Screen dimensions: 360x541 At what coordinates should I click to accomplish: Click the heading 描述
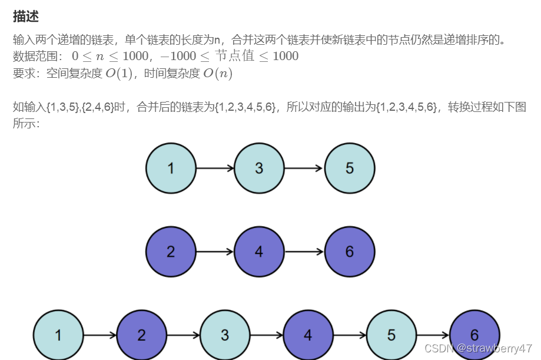[26, 16]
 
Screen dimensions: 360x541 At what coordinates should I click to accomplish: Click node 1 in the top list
[171, 169]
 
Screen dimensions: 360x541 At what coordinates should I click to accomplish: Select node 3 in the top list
[259, 169]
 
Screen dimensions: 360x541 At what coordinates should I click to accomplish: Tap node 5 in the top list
[349, 169]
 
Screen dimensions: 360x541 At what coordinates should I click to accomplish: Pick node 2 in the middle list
[171, 252]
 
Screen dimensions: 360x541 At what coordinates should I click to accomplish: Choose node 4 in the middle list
[259, 252]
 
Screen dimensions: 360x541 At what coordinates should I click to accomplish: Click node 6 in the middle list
[349, 252]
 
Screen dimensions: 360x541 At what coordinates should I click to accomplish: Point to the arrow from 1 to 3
[215, 169]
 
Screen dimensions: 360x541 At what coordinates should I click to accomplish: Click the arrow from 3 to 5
[304, 169]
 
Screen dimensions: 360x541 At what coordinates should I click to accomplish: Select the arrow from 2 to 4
[215, 252]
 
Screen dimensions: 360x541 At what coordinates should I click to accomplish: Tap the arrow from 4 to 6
[304, 252]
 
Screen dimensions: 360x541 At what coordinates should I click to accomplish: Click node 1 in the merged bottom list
[58, 336]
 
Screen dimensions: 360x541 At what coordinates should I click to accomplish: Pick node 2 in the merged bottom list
[141, 336]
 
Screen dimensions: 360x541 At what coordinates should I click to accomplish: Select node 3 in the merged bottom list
[225, 336]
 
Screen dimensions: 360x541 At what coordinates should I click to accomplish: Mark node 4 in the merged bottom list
[308, 336]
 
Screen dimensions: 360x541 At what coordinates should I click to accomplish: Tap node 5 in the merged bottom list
[391, 336]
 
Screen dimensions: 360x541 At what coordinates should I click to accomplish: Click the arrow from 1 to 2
[99, 336]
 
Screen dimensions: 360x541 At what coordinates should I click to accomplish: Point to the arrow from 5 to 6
[433, 336]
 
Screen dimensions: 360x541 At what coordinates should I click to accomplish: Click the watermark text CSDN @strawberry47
[478, 348]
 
